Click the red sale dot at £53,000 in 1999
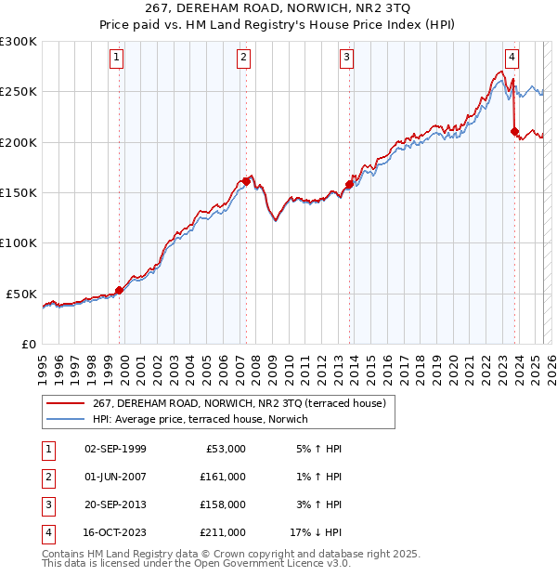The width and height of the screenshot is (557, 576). [x=119, y=291]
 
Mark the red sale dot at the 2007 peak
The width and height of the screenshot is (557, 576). [x=246, y=181]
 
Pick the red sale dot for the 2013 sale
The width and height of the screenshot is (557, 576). [x=349, y=184]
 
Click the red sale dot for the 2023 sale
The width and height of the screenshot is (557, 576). [x=514, y=131]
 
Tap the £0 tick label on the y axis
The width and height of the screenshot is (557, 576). [x=28, y=344]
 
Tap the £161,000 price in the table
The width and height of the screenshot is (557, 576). [x=224, y=476]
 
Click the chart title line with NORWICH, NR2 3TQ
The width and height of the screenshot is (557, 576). [x=278, y=11]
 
